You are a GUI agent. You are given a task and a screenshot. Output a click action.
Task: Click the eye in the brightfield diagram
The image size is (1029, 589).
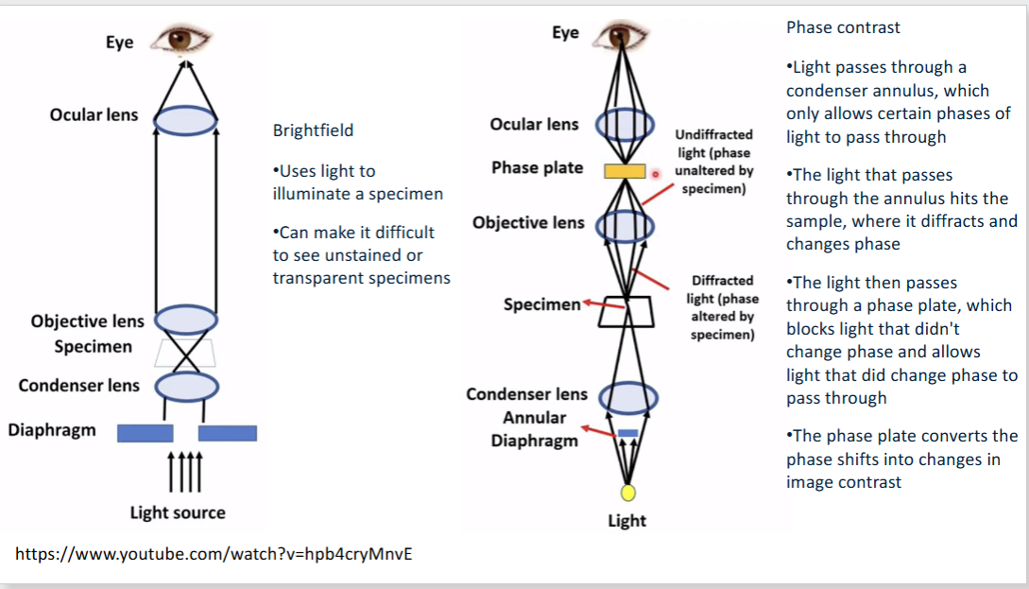click(185, 39)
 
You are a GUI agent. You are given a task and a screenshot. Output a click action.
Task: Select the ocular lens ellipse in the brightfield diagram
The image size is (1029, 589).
click(186, 120)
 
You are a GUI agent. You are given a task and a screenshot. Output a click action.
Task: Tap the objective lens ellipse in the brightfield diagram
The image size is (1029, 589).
click(186, 320)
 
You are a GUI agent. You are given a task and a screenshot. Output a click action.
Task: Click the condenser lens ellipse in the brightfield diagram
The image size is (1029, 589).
click(186, 386)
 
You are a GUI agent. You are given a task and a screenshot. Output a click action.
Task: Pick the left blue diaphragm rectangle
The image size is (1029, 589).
click(145, 433)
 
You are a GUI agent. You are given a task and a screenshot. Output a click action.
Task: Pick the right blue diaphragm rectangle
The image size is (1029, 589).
click(227, 433)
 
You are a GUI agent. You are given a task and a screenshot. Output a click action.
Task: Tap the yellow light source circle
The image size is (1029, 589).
click(627, 493)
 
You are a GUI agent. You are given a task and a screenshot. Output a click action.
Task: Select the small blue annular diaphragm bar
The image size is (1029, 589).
click(627, 433)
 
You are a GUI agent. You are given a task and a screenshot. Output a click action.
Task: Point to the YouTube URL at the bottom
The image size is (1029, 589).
click(214, 554)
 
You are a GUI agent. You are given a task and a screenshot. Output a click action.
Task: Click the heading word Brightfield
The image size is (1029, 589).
click(313, 130)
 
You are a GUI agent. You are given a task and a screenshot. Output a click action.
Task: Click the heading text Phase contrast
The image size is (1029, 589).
click(843, 27)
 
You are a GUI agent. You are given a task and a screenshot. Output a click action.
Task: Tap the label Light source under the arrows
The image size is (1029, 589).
click(178, 512)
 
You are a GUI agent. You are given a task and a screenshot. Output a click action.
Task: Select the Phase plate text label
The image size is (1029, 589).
click(537, 167)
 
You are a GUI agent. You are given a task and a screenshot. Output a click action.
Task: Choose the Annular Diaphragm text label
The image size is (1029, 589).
click(534, 429)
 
